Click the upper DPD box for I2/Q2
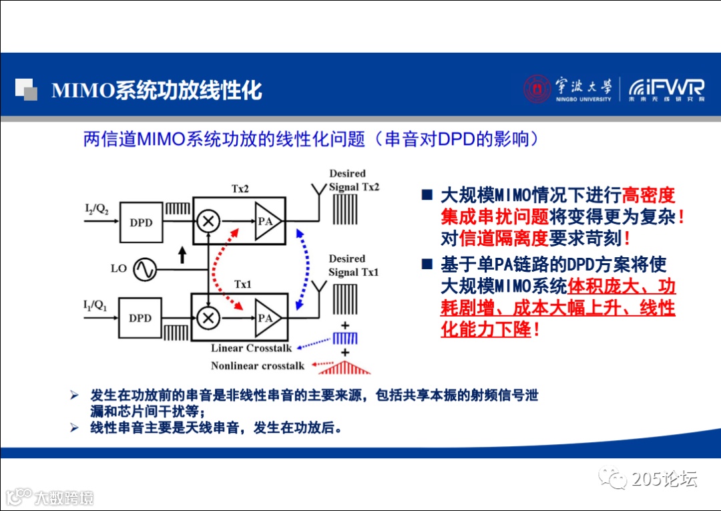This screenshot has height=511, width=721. point(142,222)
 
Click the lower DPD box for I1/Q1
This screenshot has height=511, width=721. point(141,318)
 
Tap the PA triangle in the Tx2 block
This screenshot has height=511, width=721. point(266,221)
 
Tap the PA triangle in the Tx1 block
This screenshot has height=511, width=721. point(266,318)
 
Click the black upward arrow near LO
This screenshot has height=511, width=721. point(182,255)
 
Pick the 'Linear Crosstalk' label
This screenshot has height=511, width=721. point(252,348)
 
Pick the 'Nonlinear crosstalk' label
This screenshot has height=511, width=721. point(258,365)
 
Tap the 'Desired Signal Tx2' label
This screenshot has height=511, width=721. point(353,180)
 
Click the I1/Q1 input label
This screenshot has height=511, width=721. point(93,306)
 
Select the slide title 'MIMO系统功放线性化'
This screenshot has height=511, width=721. point(156,90)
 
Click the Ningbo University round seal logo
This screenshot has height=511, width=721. point(537,89)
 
